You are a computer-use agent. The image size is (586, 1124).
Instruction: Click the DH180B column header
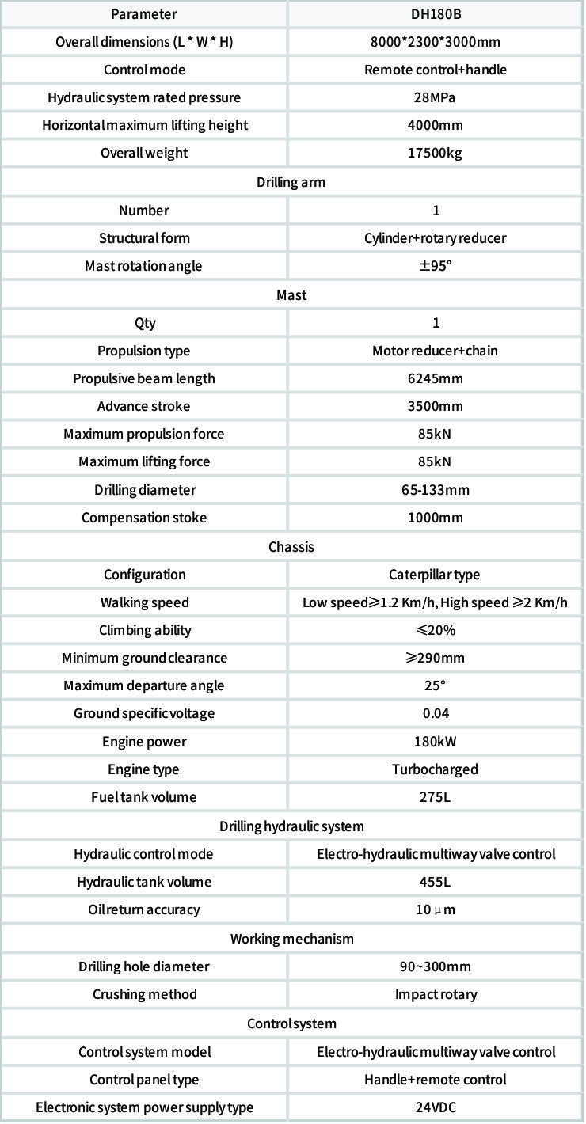436,14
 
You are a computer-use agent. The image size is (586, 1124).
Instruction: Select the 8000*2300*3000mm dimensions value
436,42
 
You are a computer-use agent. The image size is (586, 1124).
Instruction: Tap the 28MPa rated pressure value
436,97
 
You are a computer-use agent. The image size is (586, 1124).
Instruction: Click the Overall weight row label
144,153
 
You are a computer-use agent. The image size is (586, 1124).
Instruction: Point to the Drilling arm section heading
291,182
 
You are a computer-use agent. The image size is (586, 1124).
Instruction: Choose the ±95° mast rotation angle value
436,266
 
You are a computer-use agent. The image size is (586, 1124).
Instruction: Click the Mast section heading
291,295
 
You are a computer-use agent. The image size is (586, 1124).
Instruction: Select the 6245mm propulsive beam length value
436,378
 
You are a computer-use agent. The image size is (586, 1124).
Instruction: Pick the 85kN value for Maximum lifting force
436,461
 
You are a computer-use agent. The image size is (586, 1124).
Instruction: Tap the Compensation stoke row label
144,518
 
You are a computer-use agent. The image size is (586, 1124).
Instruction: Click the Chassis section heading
291,547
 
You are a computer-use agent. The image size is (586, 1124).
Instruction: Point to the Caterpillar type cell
435,575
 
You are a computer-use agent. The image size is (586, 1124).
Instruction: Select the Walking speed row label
144,602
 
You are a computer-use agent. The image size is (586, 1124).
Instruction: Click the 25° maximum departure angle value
436,685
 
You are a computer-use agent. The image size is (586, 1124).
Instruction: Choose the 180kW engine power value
436,742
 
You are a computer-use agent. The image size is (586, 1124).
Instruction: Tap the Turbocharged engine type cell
436,769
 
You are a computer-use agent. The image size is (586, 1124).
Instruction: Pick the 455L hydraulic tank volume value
436,882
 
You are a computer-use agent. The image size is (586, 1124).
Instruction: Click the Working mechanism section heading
291,939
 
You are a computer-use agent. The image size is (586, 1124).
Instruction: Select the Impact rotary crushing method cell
436,994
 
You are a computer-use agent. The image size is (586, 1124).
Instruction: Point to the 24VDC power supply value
436,1107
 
